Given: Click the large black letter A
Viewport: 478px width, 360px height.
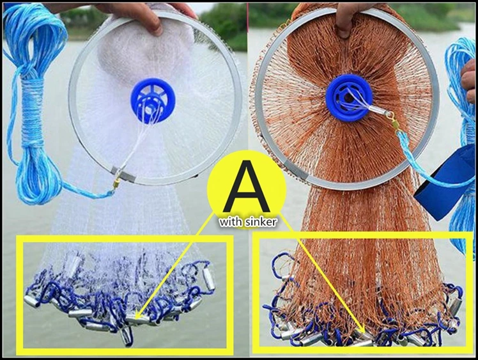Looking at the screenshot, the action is [246, 186].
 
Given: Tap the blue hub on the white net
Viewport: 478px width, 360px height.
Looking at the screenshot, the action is [153, 100].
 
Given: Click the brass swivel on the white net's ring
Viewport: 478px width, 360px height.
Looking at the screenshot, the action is [117, 183].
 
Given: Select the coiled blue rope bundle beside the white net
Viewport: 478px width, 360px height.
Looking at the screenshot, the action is [33, 104].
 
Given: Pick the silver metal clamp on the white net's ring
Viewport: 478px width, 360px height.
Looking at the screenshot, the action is [123, 175].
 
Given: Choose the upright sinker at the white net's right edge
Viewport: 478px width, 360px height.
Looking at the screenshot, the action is [209, 279].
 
